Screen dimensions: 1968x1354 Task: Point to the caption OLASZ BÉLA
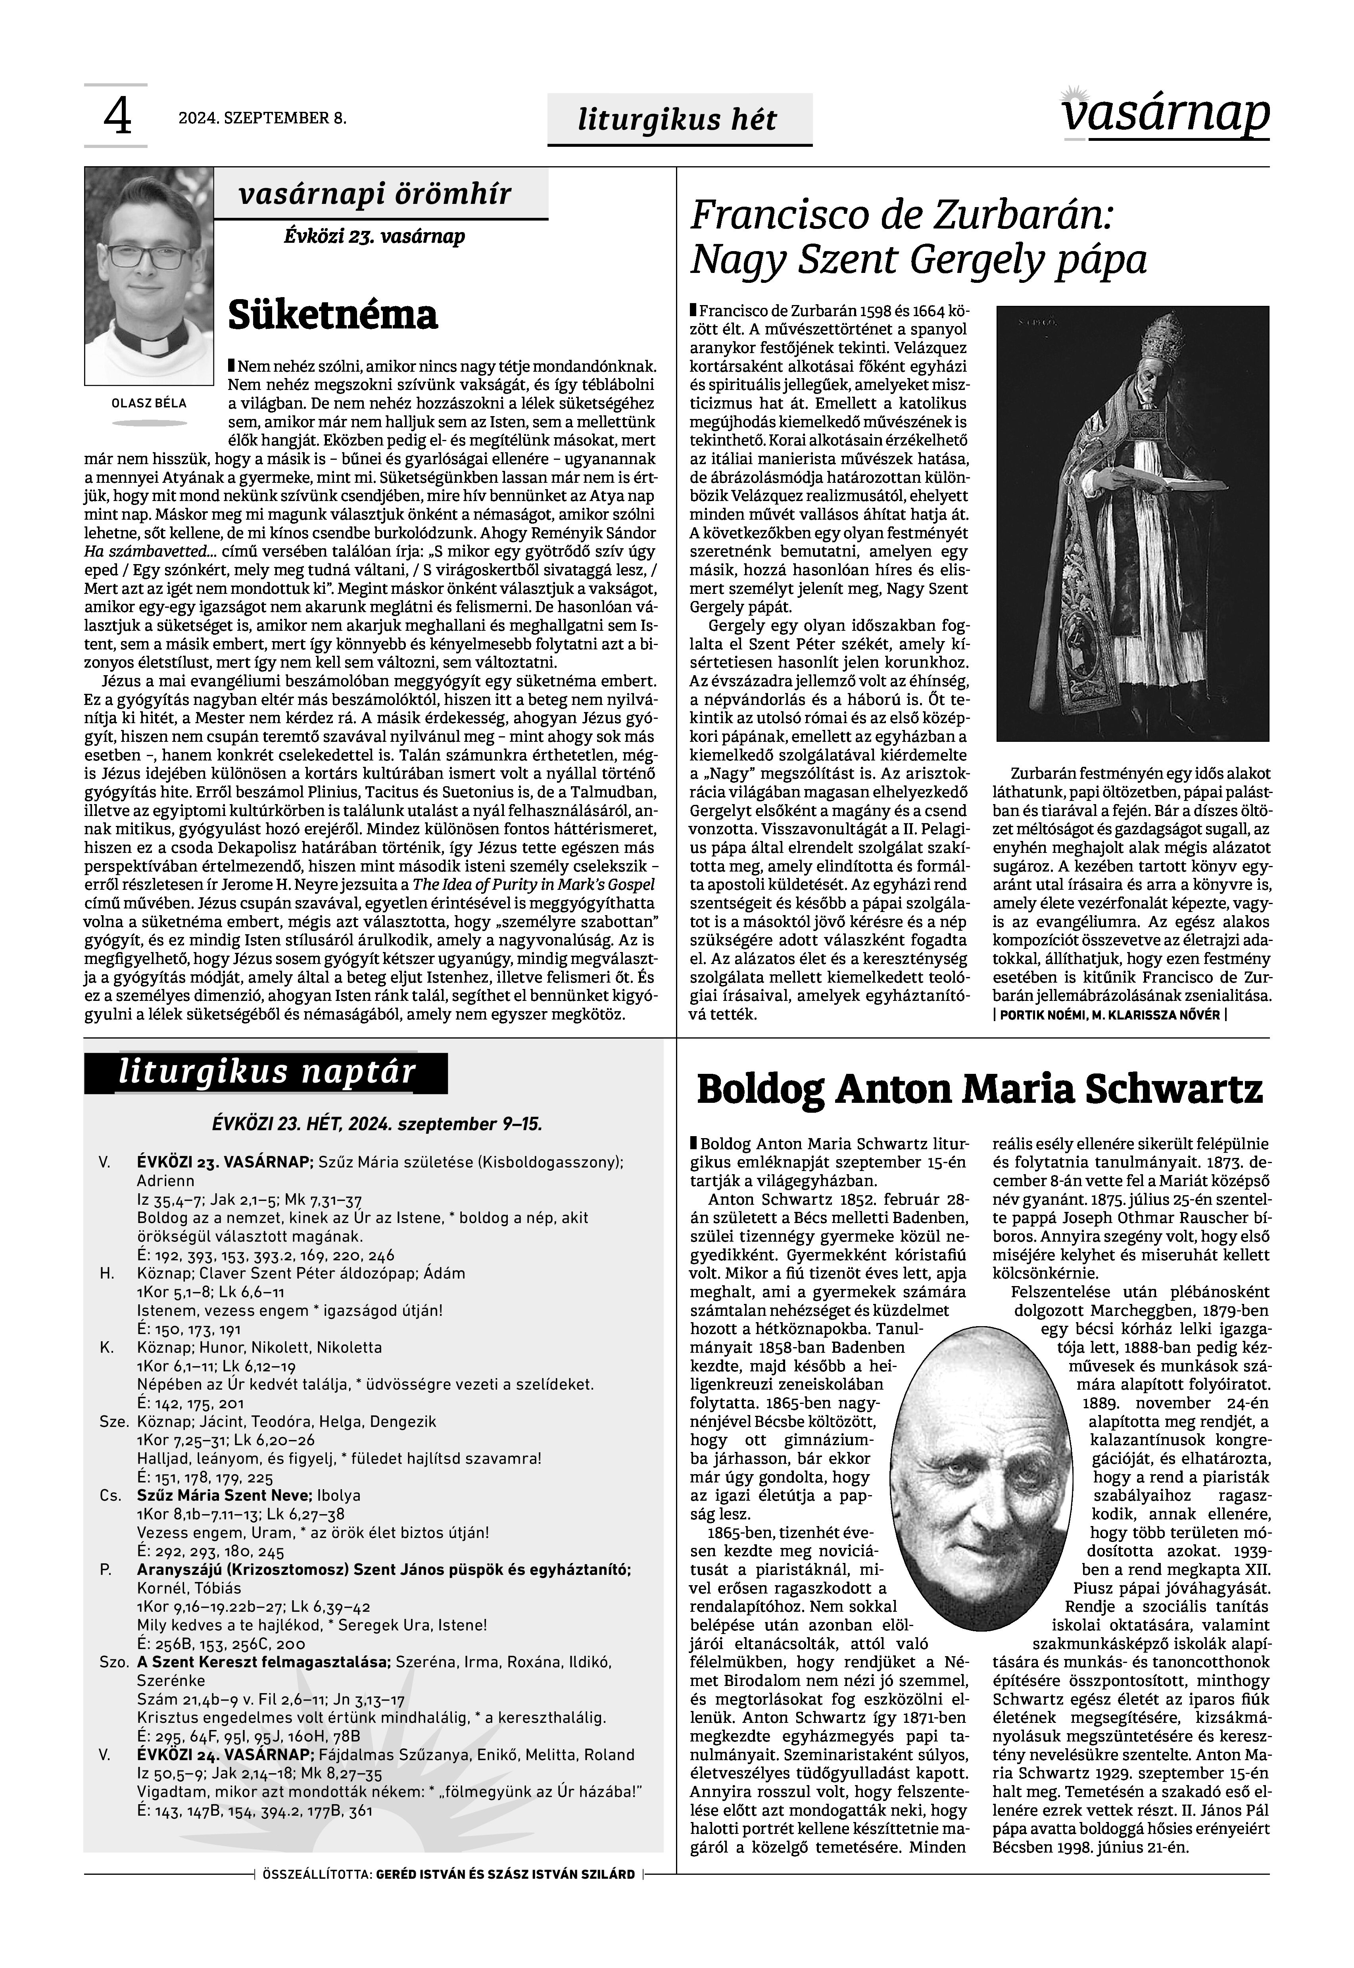pos(149,403)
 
